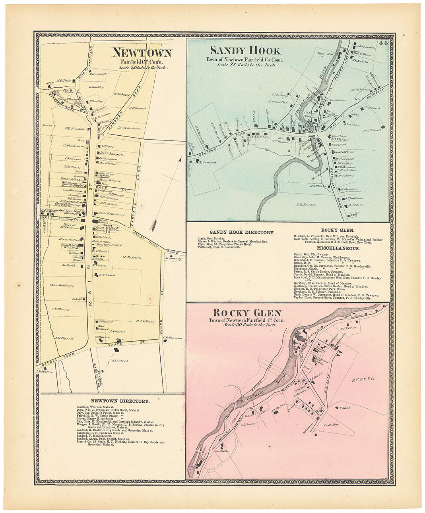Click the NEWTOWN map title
(x=142, y=53)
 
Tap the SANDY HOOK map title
(x=245, y=51)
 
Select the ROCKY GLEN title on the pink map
(x=241, y=313)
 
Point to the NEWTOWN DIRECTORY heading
(x=120, y=401)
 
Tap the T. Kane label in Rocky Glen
(x=345, y=408)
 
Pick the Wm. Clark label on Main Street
(x=107, y=275)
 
